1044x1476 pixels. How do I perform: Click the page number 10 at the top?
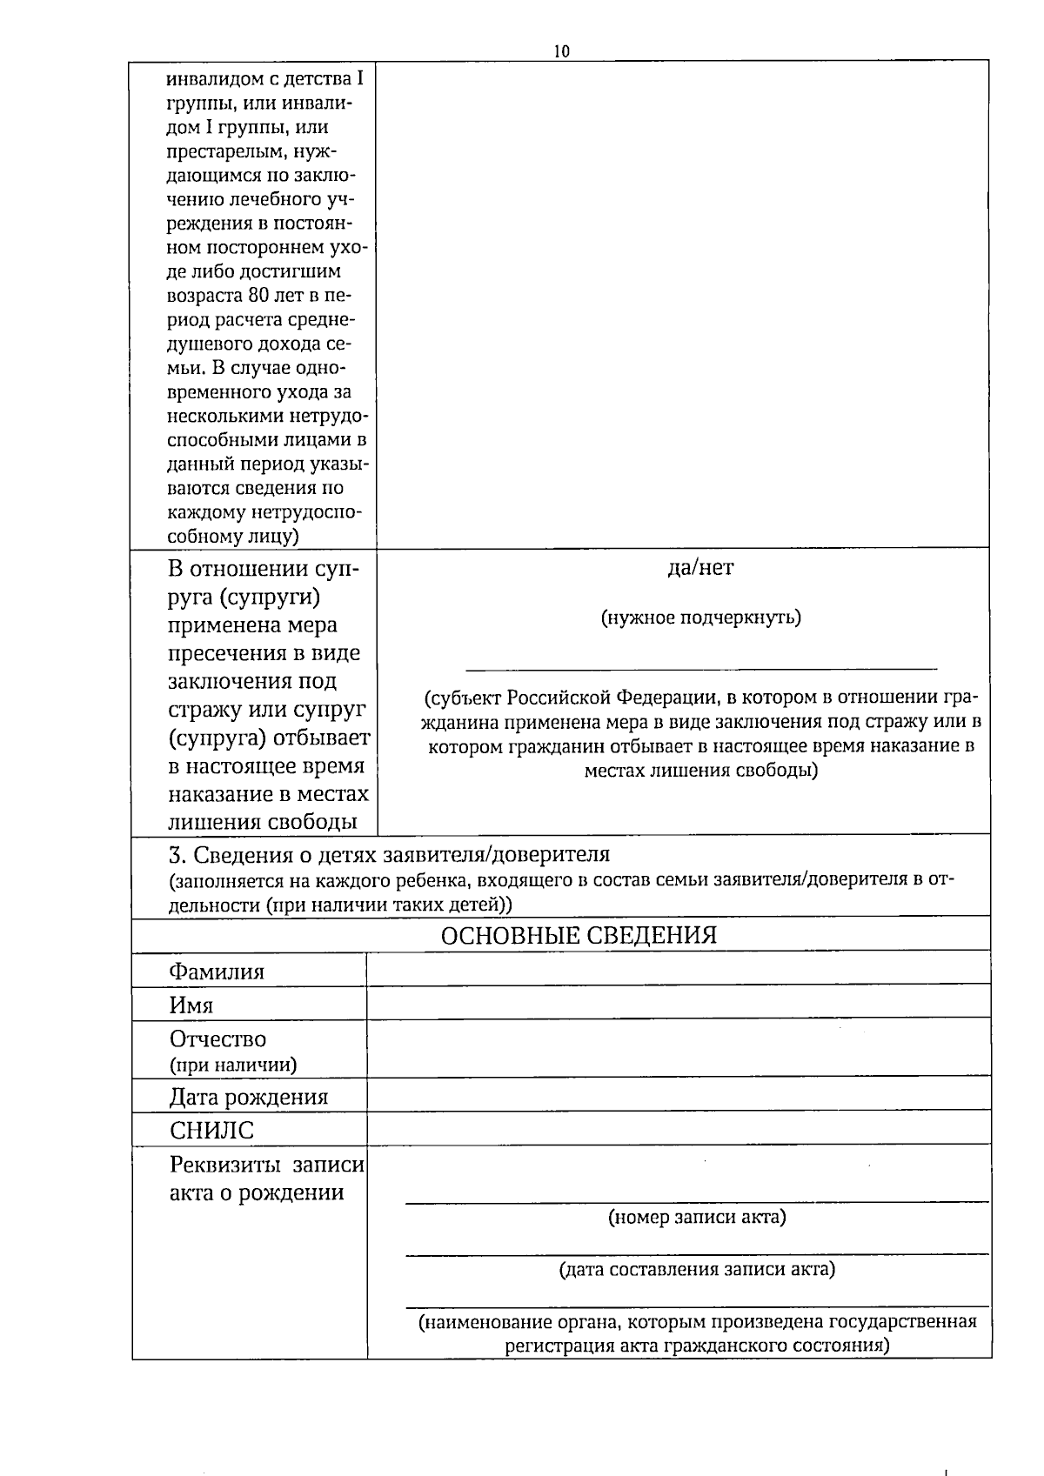[561, 51]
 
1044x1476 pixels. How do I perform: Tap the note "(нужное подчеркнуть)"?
[700, 618]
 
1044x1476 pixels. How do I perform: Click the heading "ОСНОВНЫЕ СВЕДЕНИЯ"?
[579, 935]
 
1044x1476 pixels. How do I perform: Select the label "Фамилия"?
[217, 972]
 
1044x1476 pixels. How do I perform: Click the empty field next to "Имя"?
[679, 1003]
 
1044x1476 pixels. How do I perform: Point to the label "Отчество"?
[217, 1039]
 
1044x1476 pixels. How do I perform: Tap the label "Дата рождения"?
[249, 1097]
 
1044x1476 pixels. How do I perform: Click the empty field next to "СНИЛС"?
[679, 1128]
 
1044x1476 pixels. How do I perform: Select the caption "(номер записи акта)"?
[697, 1217]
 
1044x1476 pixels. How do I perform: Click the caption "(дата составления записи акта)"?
[697, 1269]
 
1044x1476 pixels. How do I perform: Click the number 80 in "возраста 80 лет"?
[258, 295]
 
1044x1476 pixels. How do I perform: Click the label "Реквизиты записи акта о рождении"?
[266, 1179]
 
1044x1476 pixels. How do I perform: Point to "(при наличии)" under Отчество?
[232, 1065]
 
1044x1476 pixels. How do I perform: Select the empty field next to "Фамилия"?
[679, 969]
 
